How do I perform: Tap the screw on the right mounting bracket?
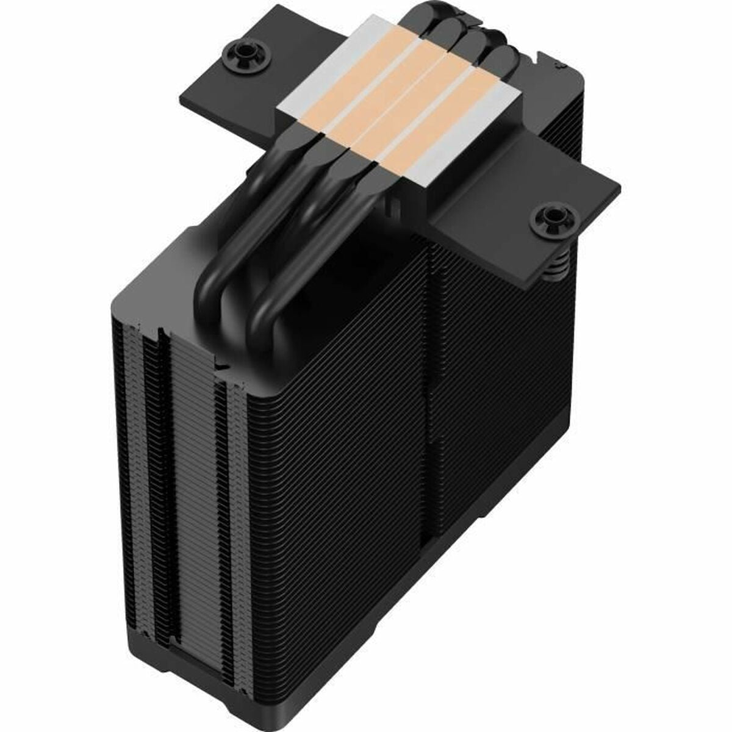[554, 218]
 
